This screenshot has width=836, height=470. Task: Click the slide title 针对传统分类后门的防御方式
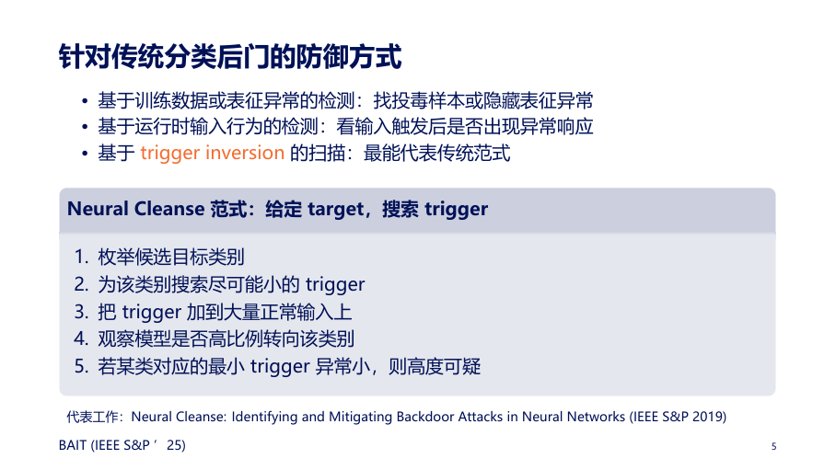pyautogui.click(x=230, y=56)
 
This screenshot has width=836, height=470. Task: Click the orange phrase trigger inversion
pyautogui.click(x=212, y=154)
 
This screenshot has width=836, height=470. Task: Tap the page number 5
pyautogui.click(x=773, y=447)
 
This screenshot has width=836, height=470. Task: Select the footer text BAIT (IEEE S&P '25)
pyautogui.click(x=122, y=445)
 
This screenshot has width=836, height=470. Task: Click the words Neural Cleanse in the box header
pyautogui.click(x=136, y=209)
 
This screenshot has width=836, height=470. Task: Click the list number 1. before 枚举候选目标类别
pyautogui.click(x=81, y=257)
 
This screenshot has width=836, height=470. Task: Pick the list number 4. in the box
pyautogui.click(x=81, y=338)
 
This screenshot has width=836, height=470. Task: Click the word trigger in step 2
pyautogui.click(x=335, y=285)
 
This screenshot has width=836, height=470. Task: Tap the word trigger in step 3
pyautogui.click(x=152, y=313)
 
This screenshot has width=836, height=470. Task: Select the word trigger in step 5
pyautogui.click(x=280, y=367)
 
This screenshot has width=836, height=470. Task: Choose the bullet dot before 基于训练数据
pyautogui.click(x=85, y=101)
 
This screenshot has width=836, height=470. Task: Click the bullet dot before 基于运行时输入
pyautogui.click(x=85, y=127)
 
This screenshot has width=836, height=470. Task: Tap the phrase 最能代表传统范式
pyautogui.click(x=436, y=153)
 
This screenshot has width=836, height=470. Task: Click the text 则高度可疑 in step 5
pyautogui.click(x=435, y=367)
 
